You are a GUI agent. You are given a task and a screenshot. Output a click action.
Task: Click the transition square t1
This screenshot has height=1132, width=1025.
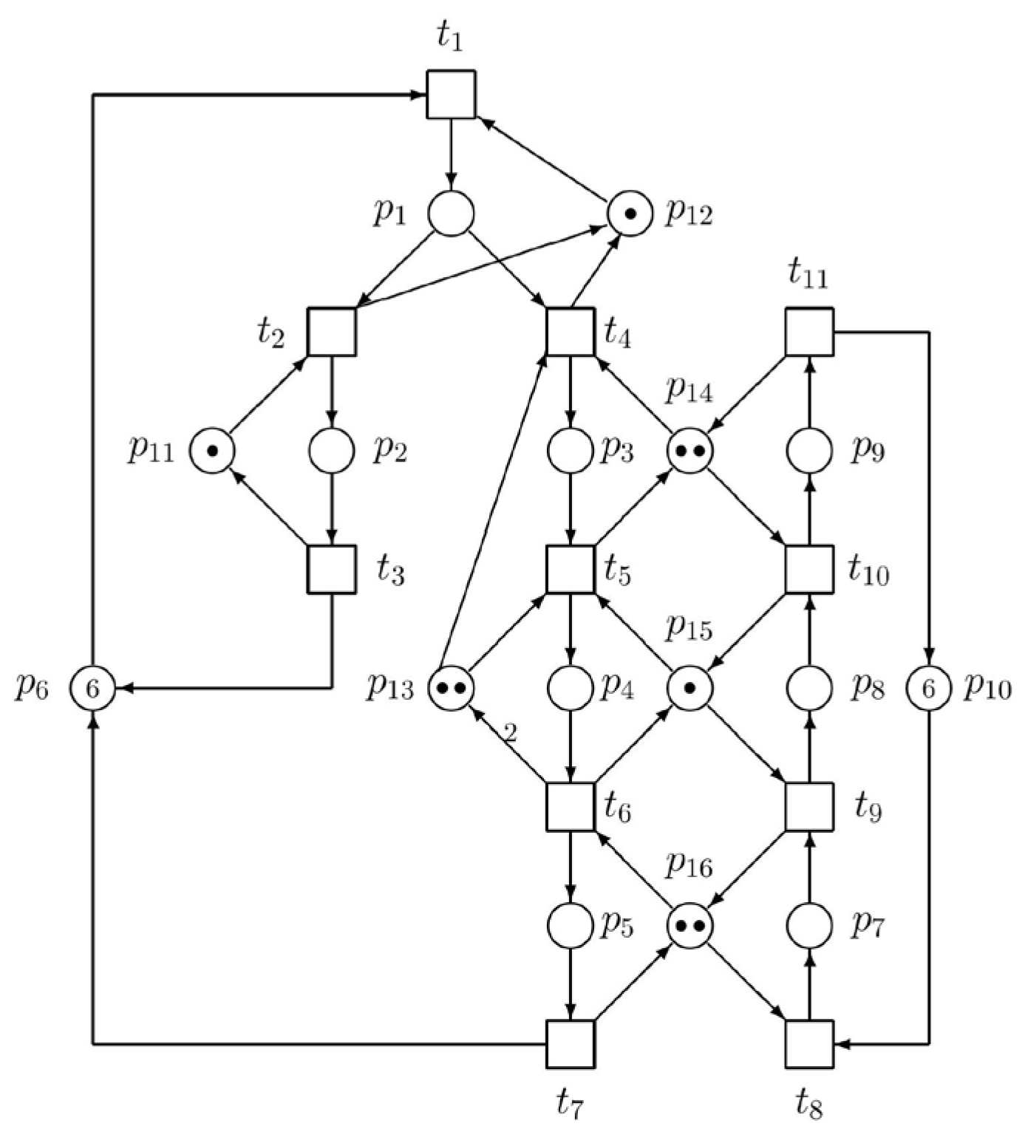451,95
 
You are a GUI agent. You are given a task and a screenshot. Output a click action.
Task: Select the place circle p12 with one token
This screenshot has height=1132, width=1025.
630,214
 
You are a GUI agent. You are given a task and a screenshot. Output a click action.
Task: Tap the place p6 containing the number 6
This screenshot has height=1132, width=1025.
92,689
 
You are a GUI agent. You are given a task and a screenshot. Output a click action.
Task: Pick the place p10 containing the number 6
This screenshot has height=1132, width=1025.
928,689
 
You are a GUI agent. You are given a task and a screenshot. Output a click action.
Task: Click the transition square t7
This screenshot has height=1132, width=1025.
570,1044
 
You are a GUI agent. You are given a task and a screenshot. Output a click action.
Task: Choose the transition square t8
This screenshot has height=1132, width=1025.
808,1044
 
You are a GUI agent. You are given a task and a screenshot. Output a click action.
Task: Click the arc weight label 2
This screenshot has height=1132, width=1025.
510,733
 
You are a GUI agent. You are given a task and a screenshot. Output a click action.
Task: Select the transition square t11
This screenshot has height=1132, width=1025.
808,332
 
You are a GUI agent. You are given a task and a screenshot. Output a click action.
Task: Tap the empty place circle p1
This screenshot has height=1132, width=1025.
451,214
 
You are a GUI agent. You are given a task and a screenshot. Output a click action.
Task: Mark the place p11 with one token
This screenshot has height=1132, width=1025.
212,451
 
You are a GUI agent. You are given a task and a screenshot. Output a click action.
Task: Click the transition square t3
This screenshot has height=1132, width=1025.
331,569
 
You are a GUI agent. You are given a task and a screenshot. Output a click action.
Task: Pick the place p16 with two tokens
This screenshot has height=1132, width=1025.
689,925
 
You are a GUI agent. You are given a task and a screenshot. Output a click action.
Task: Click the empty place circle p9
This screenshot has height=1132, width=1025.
808,451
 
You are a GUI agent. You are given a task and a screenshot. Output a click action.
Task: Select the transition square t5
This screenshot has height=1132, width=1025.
570,569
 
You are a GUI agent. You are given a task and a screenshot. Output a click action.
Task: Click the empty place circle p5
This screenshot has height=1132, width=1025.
570,925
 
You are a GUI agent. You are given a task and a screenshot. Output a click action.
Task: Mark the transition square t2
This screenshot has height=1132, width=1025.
331,332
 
